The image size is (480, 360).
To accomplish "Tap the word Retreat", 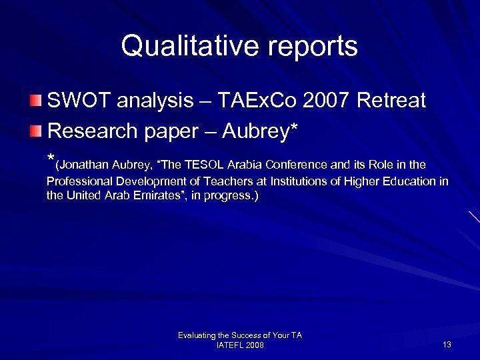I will click(391, 101).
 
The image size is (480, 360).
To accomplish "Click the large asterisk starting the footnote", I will click(51, 161).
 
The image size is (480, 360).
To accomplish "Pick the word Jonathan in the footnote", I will click(81, 165).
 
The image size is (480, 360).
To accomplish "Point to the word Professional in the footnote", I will click(77, 181).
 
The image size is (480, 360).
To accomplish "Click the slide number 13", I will click(447, 345).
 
